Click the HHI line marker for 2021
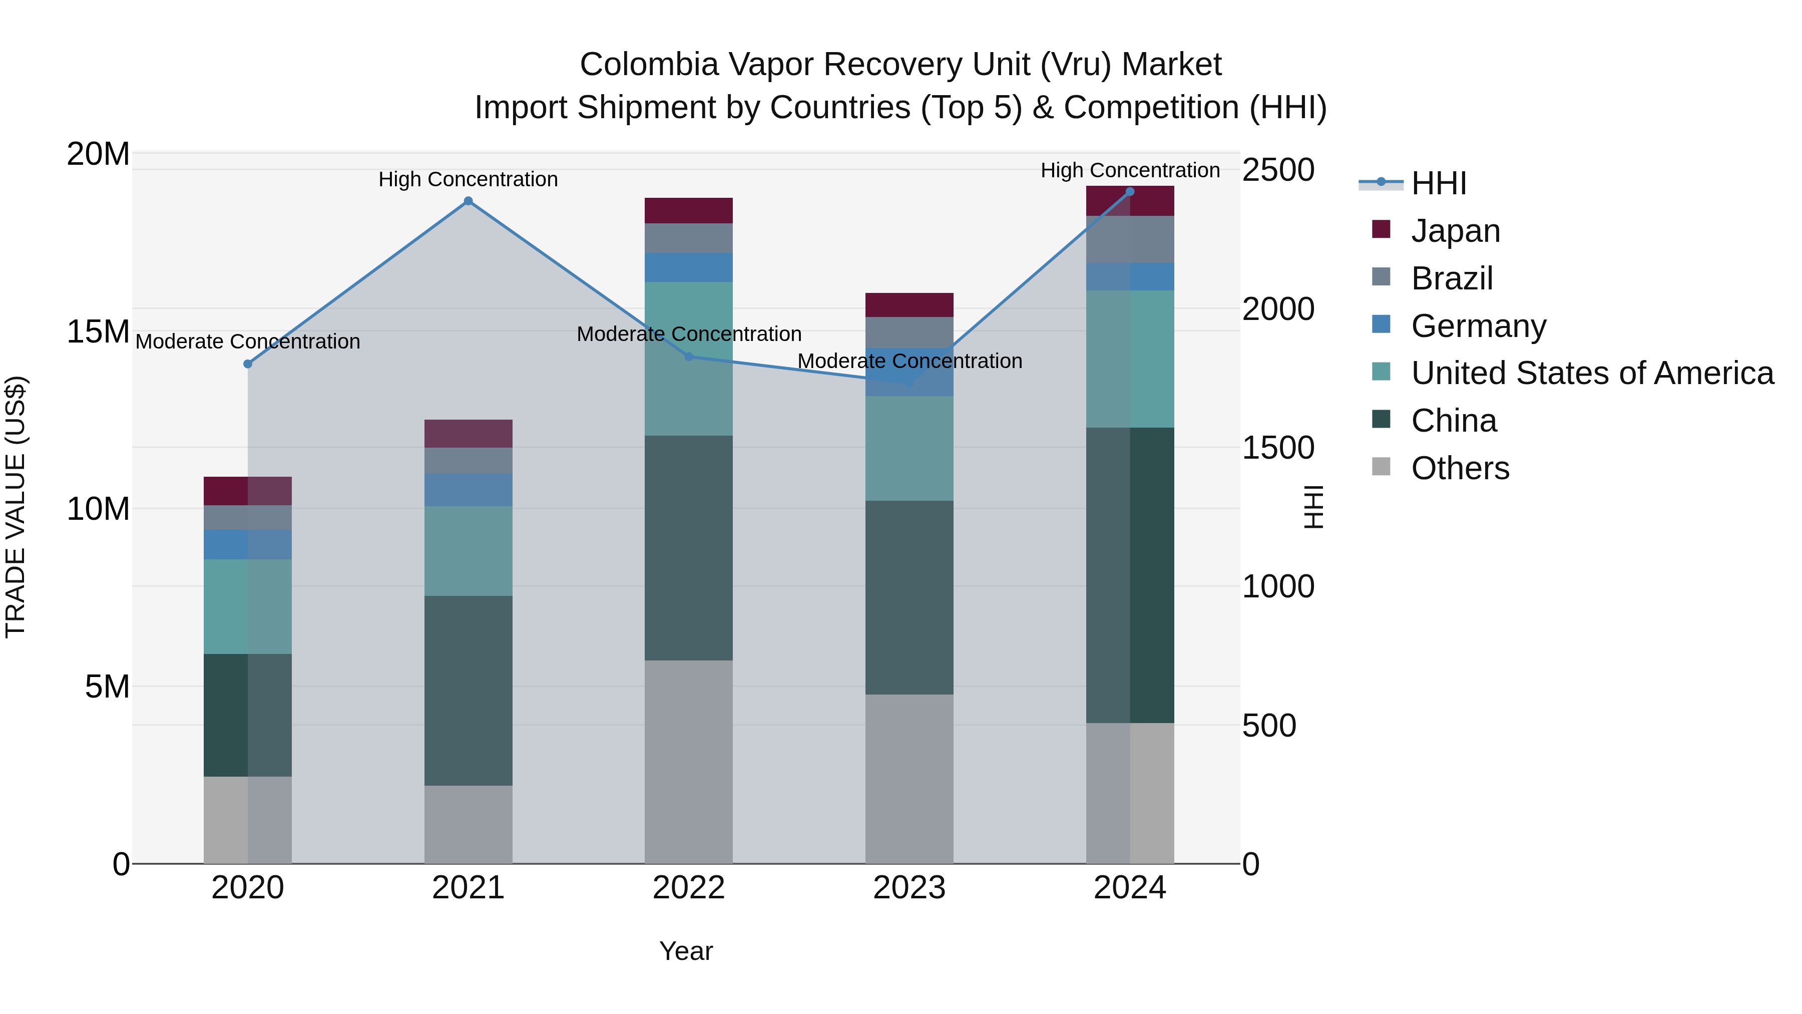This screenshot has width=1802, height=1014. (x=468, y=201)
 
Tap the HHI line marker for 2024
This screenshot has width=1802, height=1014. (x=1130, y=192)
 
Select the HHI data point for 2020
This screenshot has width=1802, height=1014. (x=248, y=364)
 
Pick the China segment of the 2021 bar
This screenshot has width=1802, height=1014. (x=468, y=690)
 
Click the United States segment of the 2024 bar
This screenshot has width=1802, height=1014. (x=1130, y=359)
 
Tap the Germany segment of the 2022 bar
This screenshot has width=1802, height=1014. (x=688, y=267)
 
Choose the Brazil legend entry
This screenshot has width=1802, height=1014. (x=1452, y=278)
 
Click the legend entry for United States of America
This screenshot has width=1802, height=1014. (x=1591, y=373)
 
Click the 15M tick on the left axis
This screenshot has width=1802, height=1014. (x=98, y=331)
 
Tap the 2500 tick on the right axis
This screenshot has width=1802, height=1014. (x=1277, y=170)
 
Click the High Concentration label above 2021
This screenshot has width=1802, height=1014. (x=468, y=179)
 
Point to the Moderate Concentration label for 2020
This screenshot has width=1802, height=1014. (x=248, y=342)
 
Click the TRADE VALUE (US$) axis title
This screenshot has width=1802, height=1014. (x=16, y=507)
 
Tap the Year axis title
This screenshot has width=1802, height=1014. (x=686, y=951)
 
